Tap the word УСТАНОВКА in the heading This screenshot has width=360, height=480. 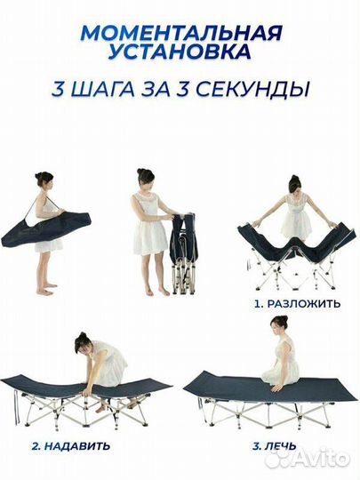pos(180,56)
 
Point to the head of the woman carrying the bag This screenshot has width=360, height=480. pos(44,181)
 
